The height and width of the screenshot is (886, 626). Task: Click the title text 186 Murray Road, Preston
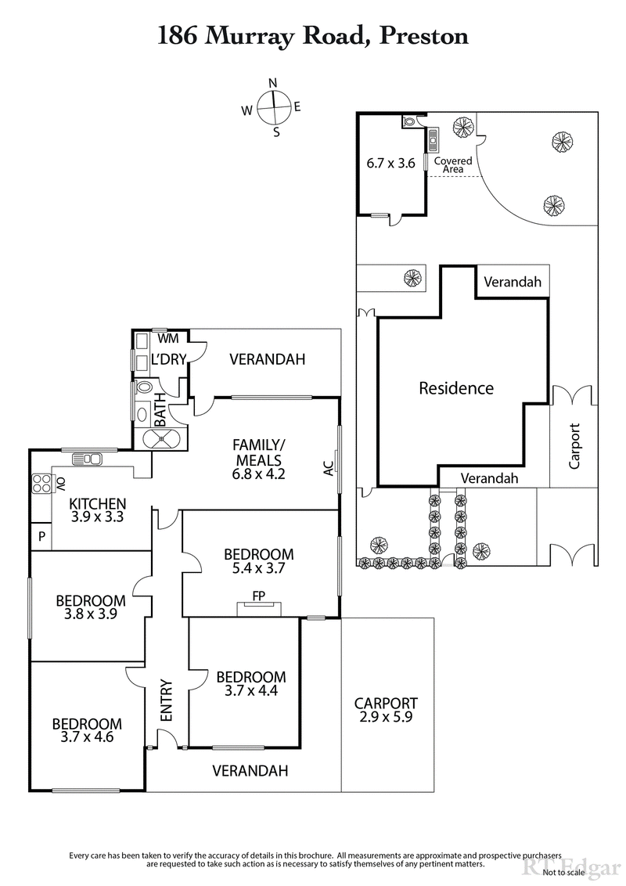313,35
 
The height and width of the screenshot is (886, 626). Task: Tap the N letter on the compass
273,83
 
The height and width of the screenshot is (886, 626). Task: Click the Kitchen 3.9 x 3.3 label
98,509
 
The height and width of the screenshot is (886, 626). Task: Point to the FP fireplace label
258,596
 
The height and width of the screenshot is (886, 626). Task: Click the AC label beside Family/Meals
328,468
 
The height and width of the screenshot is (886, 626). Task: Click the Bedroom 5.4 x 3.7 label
258,561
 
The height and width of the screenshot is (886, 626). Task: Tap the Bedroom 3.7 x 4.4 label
251,683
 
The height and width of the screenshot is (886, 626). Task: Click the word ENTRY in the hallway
167,700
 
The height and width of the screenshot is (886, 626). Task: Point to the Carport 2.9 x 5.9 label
386,710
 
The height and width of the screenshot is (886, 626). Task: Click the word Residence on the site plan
456,388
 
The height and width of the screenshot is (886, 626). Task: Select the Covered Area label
453,164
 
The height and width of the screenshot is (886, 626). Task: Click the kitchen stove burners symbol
41,483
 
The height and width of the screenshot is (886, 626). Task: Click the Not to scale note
597,872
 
